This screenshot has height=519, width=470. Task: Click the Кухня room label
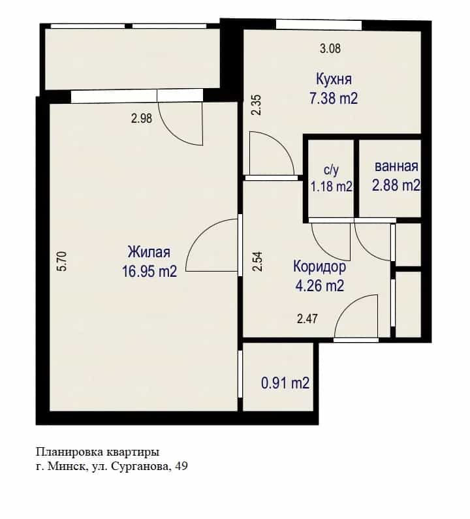(334, 80)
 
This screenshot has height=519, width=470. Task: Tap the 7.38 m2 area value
(334, 99)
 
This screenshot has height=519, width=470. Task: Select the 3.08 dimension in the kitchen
(330, 49)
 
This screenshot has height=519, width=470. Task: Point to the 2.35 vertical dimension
(257, 104)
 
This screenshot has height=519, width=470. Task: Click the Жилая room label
(149, 252)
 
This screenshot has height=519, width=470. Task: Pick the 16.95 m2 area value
(149, 272)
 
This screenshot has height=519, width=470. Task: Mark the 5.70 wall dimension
(62, 261)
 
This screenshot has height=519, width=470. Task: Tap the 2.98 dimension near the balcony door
(142, 118)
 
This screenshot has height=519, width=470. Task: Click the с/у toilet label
(332, 170)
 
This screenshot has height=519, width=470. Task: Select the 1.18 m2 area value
(332, 187)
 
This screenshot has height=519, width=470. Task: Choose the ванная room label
(396, 166)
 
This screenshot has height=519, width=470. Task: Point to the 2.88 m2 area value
(396, 185)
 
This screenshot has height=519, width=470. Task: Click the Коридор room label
(319, 267)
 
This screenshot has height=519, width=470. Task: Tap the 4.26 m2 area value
(319, 285)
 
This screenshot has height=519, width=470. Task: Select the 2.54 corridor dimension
(257, 262)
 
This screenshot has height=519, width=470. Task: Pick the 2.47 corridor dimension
(307, 319)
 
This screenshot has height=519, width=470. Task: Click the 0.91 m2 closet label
(285, 383)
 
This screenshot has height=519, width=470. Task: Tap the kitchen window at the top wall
(319, 25)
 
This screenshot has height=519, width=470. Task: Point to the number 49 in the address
(181, 466)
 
